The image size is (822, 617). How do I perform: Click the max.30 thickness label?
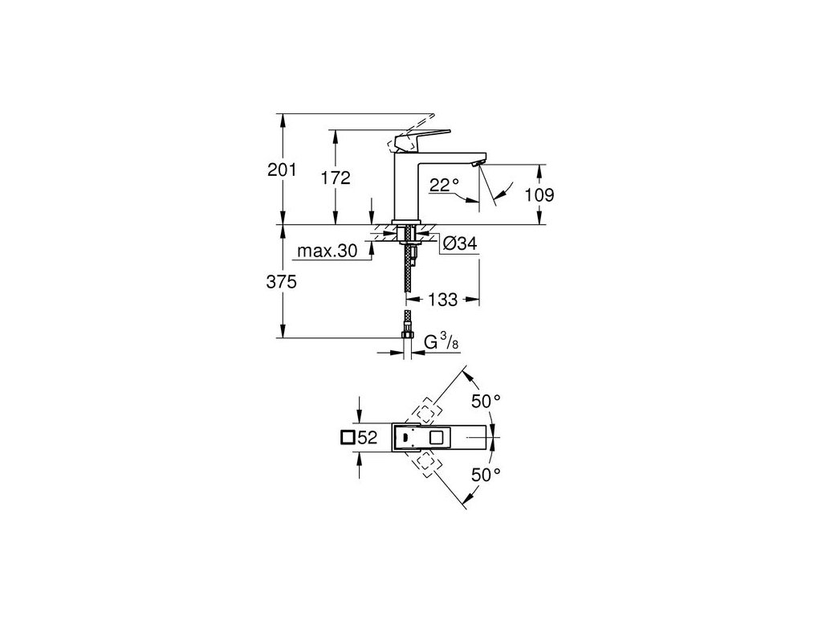point(327,251)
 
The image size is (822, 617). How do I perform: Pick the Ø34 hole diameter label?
point(461,243)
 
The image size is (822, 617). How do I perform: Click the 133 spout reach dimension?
point(442,300)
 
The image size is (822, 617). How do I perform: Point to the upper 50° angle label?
point(485,400)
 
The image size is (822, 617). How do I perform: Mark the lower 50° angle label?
point(485,476)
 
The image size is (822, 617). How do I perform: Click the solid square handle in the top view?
point(437,438)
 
